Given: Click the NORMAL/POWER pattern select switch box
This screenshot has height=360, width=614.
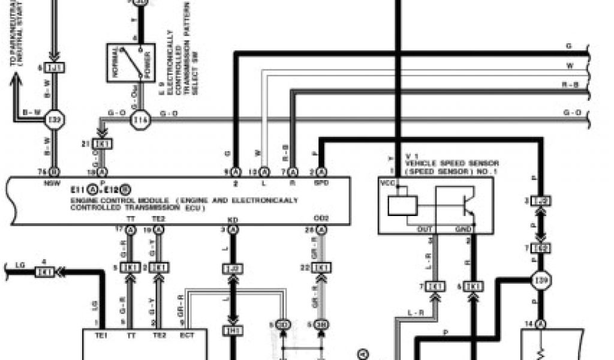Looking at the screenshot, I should click(131, 62).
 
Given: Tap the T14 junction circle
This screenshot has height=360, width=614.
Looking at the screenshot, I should click(141, 119).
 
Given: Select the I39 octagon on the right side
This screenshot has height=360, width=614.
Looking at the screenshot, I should click(541, 280).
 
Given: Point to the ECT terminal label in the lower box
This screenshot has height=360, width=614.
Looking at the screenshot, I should click(187, 335).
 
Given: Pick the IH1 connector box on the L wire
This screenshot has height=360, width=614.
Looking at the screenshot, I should click(233, 329).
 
